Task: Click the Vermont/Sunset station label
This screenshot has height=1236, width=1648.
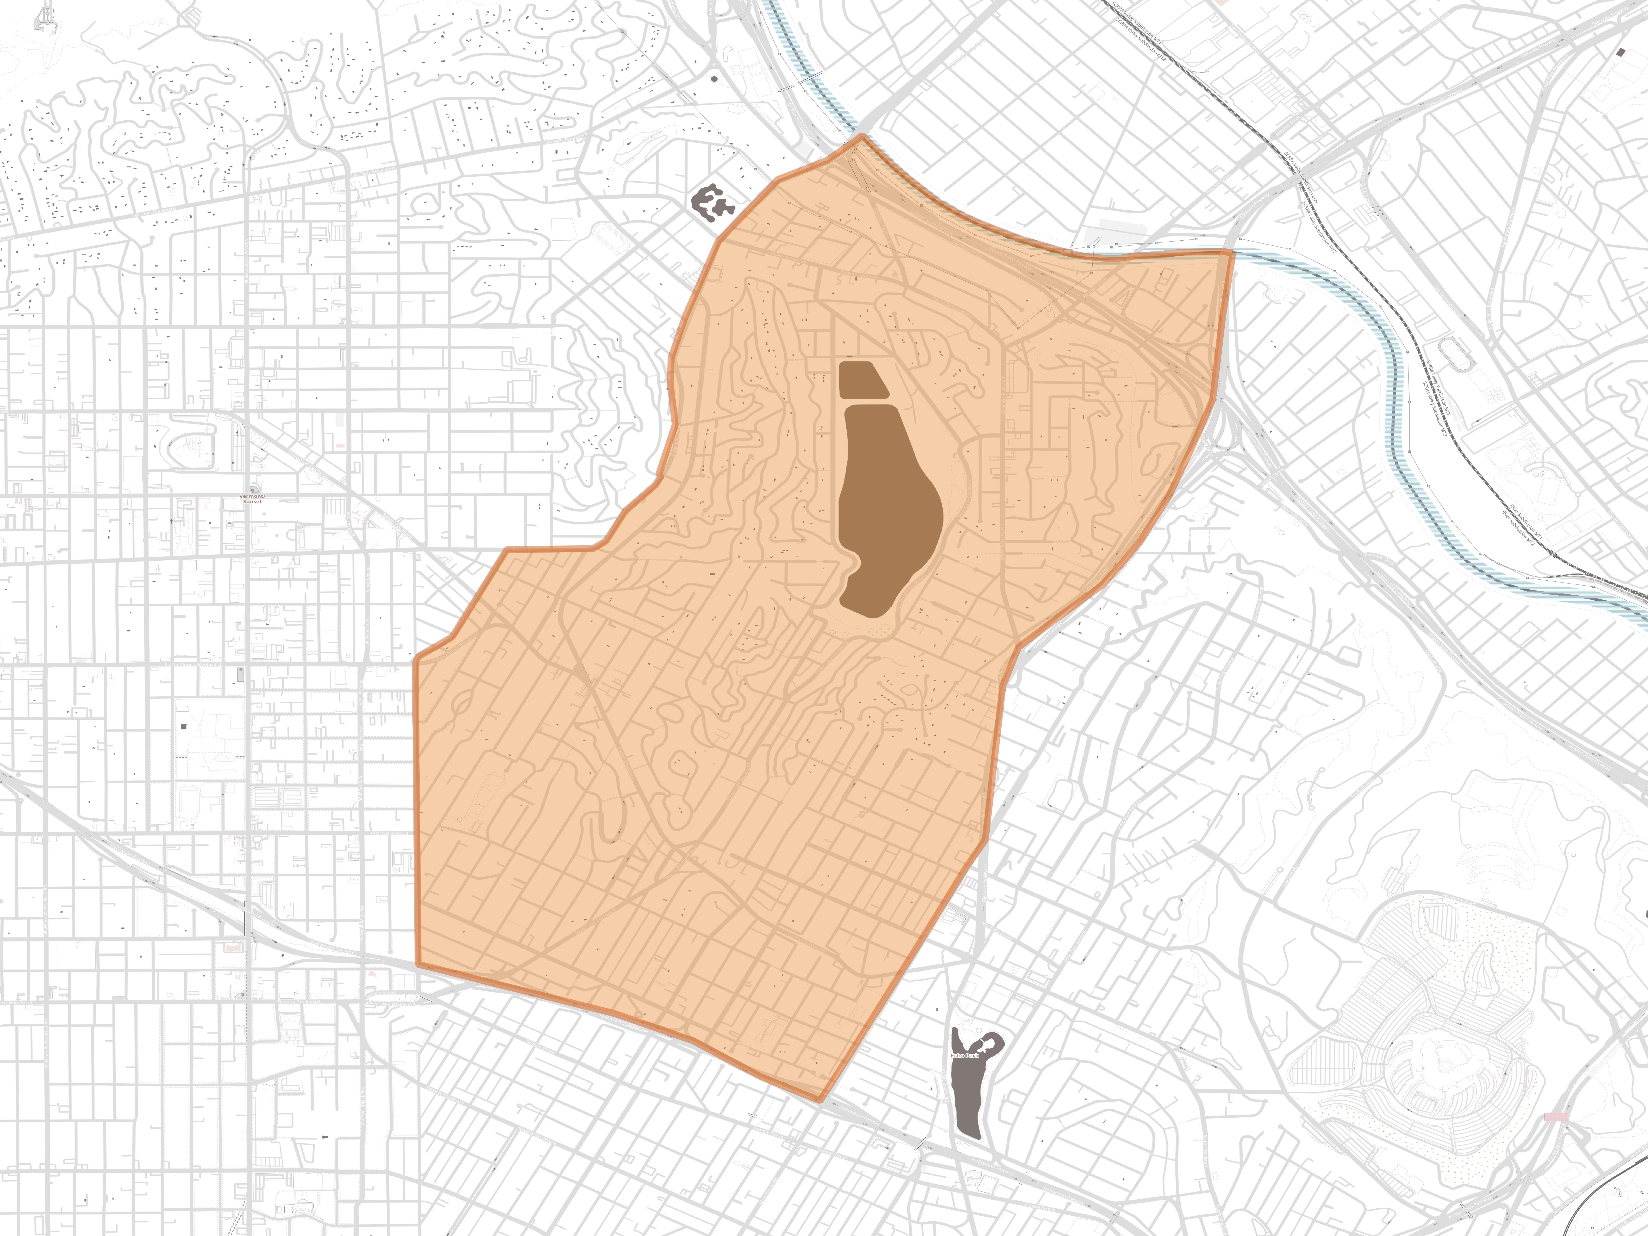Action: pyautogui.click(x=253, y=498)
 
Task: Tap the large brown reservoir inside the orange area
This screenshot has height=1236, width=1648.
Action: pyautogui.click(x=887, y=507)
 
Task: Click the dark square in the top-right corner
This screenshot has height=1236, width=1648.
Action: pyautogui.click(x=1621, y=51)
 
